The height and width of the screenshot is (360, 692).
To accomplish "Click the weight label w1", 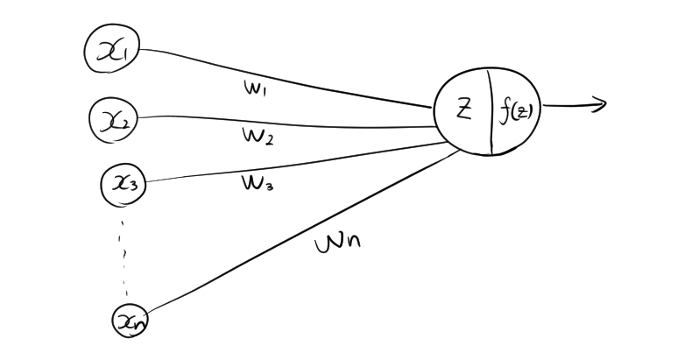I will pyautogui.click(x=256, y=87).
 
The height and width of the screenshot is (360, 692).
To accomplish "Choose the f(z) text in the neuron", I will pyautogui.click(x=514, y=111).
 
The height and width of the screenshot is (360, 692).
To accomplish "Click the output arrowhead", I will pyautogui.click(x=601, y=105).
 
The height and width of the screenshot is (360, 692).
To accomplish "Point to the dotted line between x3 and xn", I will pyautogui.click(x=125, y=254).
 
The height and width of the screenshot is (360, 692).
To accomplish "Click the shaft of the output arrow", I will pyautogui.click(x=569, y=106).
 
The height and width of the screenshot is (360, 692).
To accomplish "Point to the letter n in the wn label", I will pyautogui.click(x=350, y=240).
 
